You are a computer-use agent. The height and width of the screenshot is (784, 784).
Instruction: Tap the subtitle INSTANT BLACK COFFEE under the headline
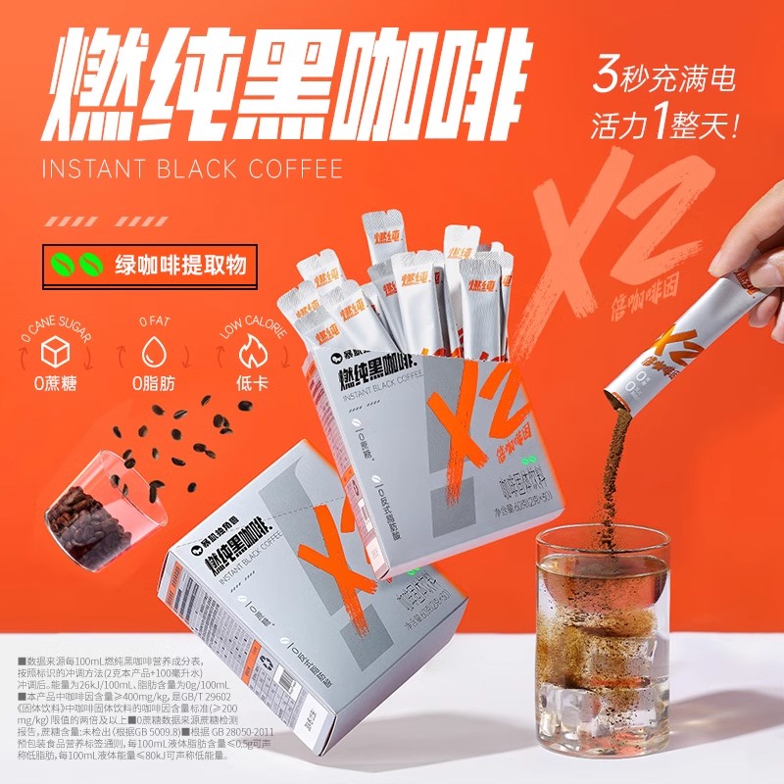(192, 169)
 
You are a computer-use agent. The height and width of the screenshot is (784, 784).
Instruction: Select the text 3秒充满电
(662, 79)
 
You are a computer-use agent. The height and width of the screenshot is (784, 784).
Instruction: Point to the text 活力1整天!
(662, 125)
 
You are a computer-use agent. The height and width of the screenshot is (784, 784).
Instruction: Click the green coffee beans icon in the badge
(77, 264)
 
